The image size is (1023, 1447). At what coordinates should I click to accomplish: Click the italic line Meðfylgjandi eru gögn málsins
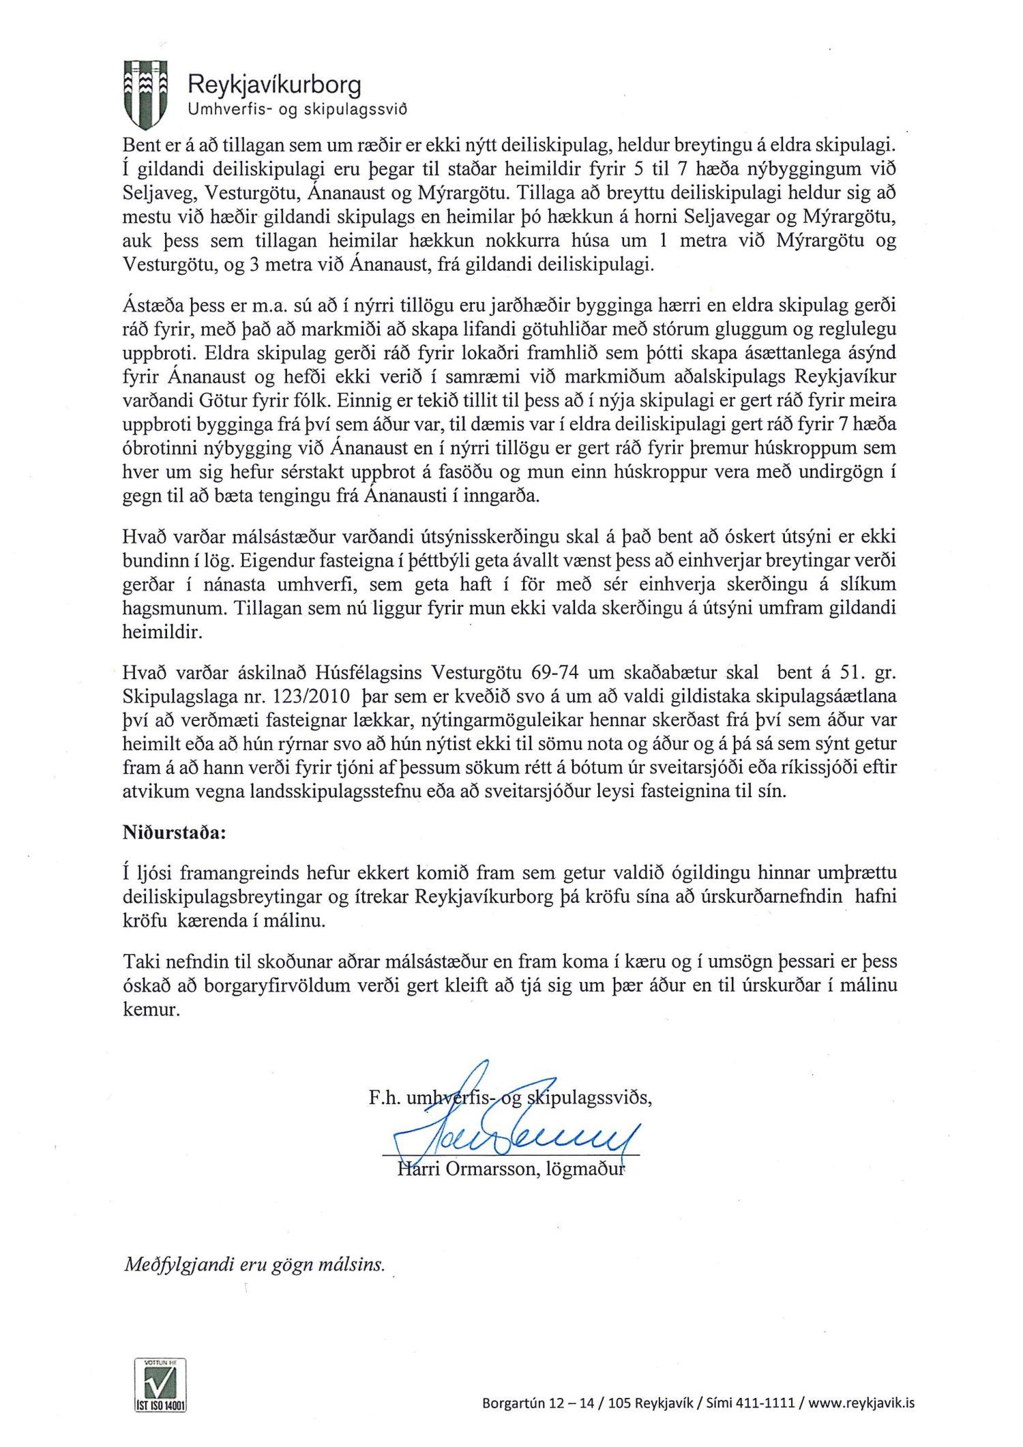(254, 1264)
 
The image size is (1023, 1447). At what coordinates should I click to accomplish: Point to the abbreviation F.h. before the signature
(384, 1099)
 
